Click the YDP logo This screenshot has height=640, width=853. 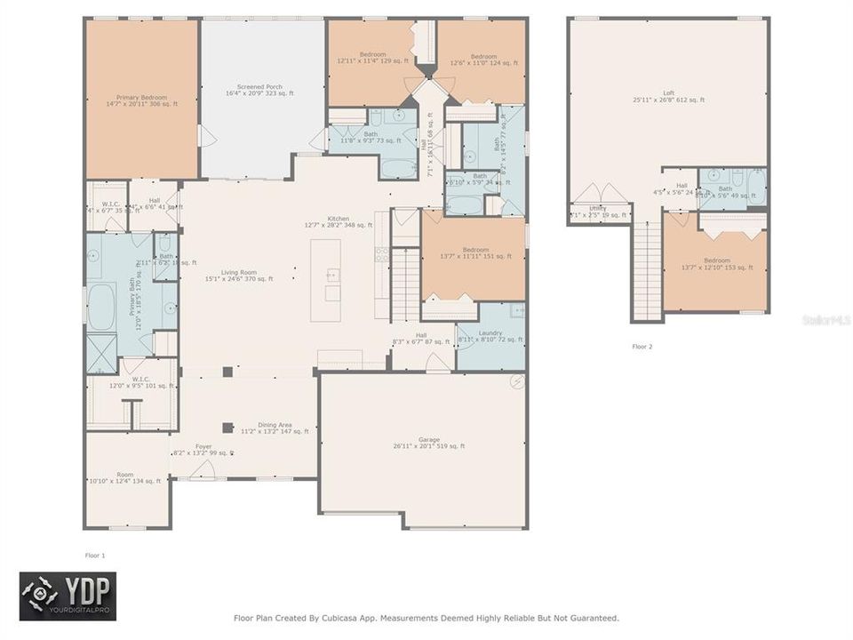pos(68,596)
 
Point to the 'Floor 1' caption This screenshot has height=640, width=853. pos(95,555)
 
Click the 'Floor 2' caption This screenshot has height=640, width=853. pos(642,346)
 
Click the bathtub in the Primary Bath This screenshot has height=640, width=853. pos(101,308)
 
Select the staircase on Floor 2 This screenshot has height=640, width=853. pos(648,270)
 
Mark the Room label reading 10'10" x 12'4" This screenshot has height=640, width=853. pos(125,477)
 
